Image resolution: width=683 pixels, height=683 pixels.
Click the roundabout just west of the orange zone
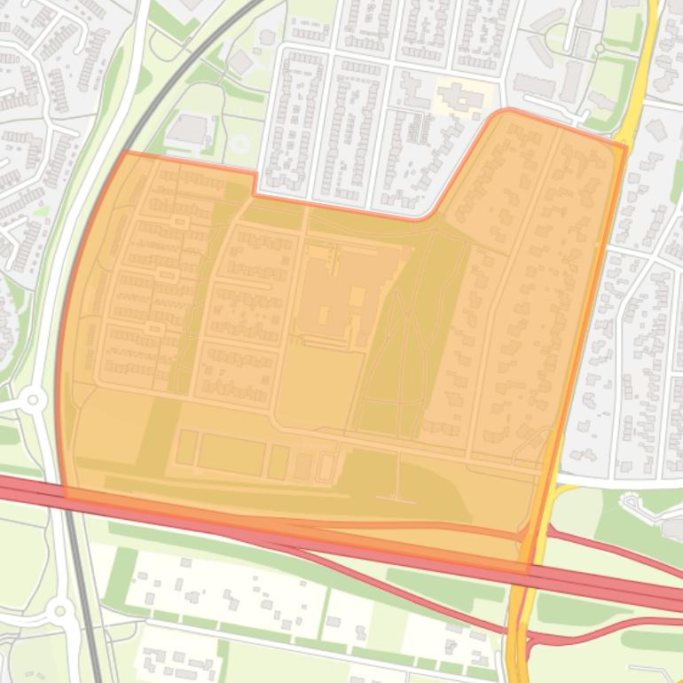(33, 400)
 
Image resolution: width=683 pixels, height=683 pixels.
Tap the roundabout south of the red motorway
(60, 610)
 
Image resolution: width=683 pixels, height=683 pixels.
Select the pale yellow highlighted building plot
(461, 96)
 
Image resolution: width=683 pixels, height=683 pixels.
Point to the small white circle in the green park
(239, 143)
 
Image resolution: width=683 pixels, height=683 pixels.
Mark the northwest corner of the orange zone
(126, 153)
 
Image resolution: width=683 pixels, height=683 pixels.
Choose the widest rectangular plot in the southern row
(231, 453)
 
